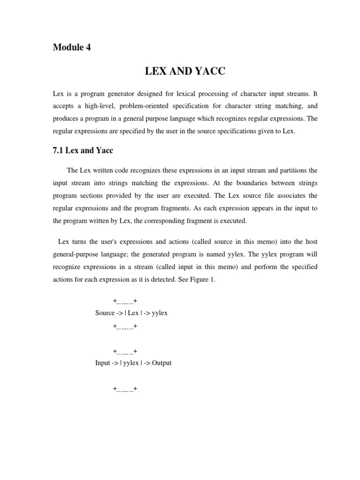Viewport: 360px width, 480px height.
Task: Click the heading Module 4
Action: pyautogui.click(x=72, y=47)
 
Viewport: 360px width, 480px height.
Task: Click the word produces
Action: pyautogui.click(x=66, y=119)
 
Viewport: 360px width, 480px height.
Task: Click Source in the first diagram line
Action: pyautogui.click(x=105, y=313)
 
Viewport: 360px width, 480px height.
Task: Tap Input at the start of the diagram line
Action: pyautogui.click(x=102, y=363)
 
